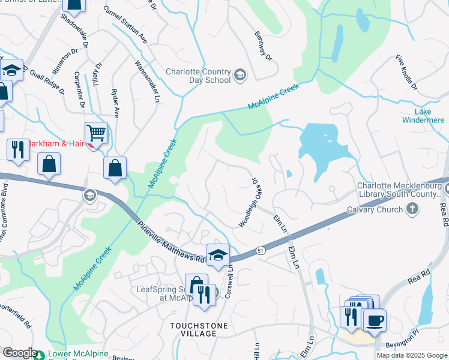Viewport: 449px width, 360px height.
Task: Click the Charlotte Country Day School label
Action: click(198, 75)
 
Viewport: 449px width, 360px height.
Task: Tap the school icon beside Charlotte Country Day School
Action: click(240, 74)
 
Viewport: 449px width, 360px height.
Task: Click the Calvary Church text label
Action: click(374, 210)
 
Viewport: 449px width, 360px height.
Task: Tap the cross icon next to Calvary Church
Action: click(412, 209)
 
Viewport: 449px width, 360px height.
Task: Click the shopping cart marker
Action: click(96, 133)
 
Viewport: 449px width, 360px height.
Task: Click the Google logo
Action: click(19, 353)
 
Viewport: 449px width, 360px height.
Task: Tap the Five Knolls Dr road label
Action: click(406, 73)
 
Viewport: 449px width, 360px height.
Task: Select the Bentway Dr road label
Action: click(263, 46)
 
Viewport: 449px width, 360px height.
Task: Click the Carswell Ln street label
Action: click(229, 281)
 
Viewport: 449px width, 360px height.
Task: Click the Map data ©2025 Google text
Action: click(411, 355)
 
